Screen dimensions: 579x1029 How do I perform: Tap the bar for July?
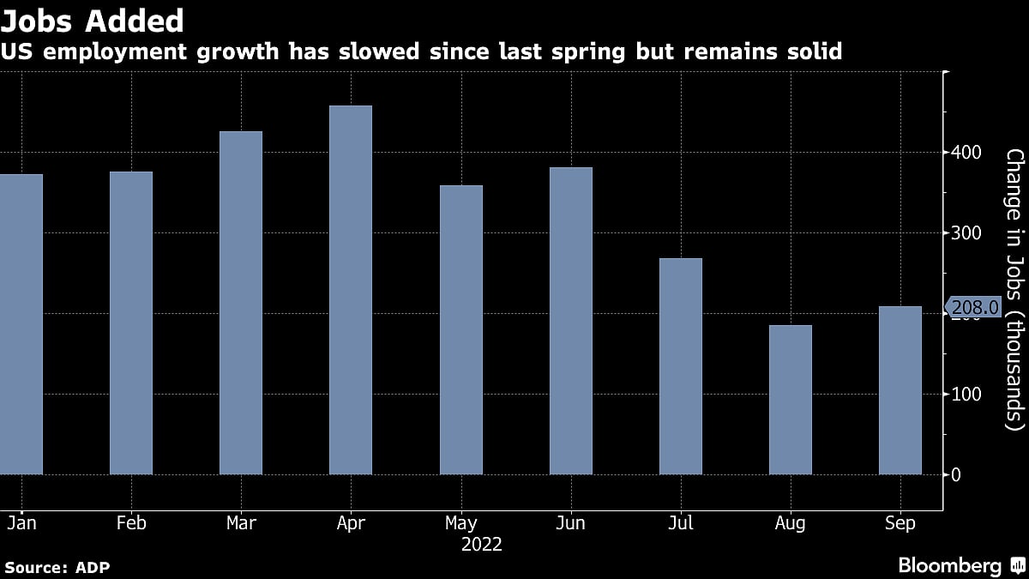[680, 366]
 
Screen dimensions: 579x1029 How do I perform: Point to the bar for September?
[900, 390]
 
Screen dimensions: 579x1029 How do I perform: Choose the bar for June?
[570, 321]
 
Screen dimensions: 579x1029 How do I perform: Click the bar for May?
[460, 330]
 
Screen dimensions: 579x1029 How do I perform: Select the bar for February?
[131, 323]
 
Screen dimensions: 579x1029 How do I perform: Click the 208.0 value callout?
[973, 307]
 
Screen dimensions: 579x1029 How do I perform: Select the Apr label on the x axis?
[351, 523]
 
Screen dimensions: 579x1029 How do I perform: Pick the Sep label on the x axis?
[900, 523]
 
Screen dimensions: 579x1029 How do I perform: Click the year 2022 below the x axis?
[481, 545]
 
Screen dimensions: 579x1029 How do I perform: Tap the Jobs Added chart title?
[92, 20]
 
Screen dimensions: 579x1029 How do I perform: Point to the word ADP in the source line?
[93, 568]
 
